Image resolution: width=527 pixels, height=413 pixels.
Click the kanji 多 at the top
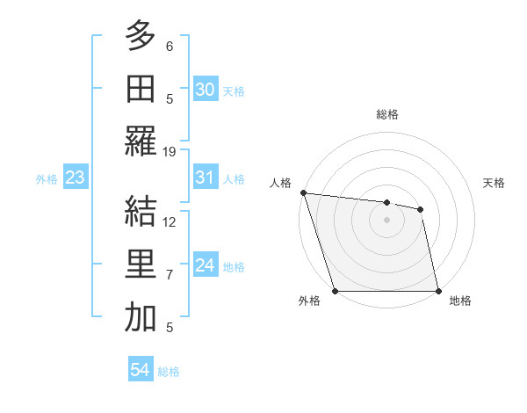point(141,36)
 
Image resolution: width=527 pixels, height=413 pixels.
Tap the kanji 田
point(141,89)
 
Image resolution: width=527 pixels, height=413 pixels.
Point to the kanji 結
point(141,212)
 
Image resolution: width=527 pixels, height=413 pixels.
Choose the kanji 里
point(141,264)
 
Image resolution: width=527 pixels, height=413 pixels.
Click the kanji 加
point(141,318)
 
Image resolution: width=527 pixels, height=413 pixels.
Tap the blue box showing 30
point(206,89)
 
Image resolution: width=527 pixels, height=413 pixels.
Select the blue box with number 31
point(206,178)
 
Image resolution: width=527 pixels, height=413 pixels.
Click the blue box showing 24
point(206,266)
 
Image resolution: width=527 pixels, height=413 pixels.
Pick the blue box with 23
point(76,178)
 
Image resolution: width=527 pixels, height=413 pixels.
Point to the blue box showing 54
point(141,370)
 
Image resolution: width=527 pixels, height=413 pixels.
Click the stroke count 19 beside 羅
point(170,151)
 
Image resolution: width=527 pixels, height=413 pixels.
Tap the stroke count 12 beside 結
point(170,221)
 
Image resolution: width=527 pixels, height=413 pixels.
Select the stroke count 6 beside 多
point(170,46)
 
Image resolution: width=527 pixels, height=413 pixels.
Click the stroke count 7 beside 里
point(170,275)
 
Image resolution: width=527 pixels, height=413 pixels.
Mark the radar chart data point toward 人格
point(302,192)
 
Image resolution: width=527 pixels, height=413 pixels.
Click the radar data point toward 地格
point(437,291)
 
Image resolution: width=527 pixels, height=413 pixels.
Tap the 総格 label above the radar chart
point(386,114)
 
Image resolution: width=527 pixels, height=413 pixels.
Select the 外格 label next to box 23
point(47,179)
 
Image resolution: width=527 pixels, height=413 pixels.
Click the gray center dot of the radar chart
point(386,220)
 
